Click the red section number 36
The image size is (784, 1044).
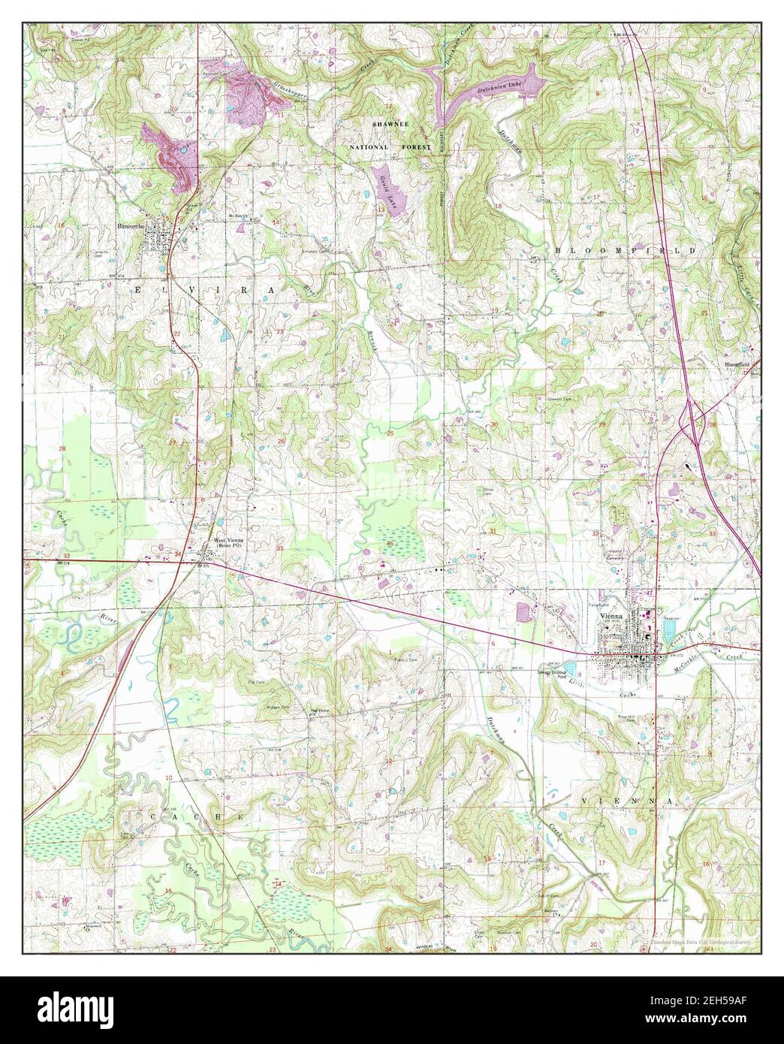390,543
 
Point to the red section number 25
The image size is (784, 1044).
390,433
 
